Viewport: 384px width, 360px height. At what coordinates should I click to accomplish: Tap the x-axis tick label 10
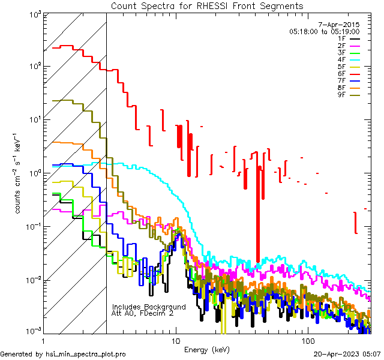coord(175,339)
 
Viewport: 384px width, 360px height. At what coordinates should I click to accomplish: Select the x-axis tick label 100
coord(307,339)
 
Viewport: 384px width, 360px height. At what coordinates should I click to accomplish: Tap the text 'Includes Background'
coord(149,307)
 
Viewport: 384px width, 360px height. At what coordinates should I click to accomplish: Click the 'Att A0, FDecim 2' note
coord(143,313)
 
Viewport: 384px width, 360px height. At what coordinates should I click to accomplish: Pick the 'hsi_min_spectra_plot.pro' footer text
coord(86,355)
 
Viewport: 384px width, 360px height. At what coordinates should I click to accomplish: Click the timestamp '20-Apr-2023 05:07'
coord(348,355)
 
